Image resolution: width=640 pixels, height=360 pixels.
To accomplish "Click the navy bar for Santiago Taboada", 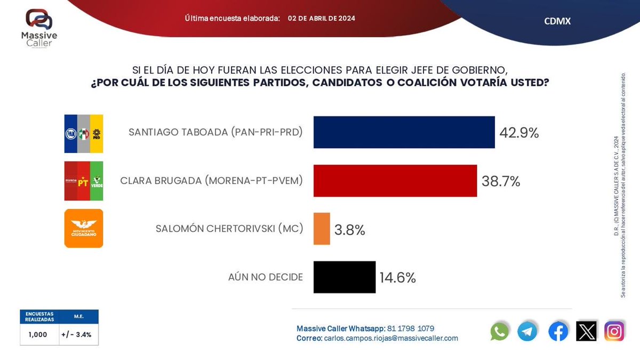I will tap(404, 132).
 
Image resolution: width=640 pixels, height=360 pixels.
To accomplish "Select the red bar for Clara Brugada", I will tap(395, 181).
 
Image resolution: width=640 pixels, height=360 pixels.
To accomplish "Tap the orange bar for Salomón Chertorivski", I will tap(322, 229).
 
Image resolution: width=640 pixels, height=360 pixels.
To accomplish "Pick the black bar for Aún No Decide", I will tap(344, 277).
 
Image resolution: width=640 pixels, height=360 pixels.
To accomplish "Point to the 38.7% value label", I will tap(500, 182).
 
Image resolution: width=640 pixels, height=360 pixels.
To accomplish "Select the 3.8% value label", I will tap(349, 230).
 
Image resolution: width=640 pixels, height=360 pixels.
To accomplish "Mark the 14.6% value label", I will tap(397, 278).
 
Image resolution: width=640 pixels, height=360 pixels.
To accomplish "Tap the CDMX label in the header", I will tap(557, 21).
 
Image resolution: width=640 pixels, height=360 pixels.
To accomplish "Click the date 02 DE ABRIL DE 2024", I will tap(321, 18).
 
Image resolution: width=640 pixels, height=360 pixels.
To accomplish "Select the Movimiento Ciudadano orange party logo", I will tap(84, 228).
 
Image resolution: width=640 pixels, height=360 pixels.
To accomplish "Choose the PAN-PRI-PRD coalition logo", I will tap(84, 134).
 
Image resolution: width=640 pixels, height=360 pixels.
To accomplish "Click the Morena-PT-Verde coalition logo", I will tap(84, 181).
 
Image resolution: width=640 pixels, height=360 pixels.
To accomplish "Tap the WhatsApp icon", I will tap(500, 332).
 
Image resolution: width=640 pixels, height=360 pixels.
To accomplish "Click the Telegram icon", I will tap(527, 332).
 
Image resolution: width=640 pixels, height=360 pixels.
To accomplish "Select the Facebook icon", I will tap(558, 332).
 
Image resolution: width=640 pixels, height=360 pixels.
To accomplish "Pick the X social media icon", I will tap(587, 332).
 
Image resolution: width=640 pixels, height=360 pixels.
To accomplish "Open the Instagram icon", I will tap(614, 332).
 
